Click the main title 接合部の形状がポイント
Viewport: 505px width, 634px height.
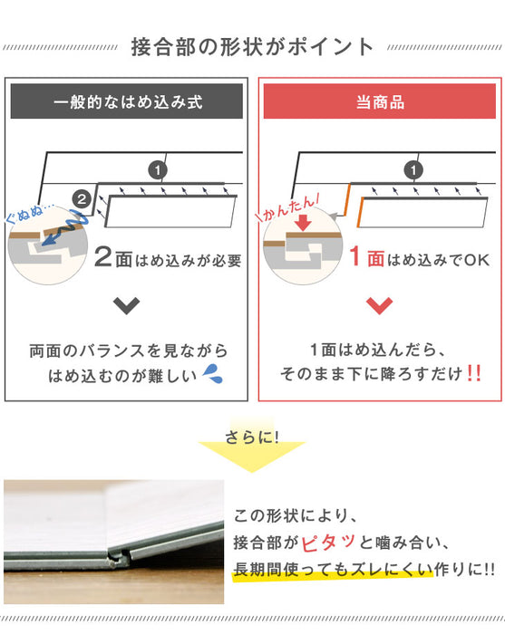(252, 45)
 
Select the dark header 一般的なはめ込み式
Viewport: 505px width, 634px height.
(127, 101)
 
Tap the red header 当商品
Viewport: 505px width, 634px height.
(379, 101)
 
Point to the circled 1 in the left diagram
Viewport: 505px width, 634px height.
(156, 169)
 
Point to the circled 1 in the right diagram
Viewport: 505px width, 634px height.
(413, 169)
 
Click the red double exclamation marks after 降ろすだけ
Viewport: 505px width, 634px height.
(472, 373)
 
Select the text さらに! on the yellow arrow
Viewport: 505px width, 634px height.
(251, 437)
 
